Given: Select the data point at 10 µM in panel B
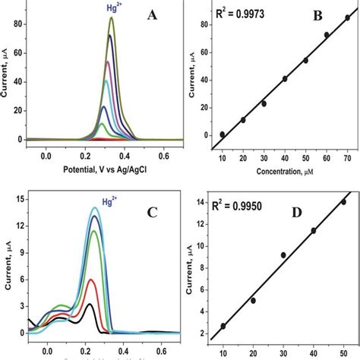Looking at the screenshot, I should point(223,134).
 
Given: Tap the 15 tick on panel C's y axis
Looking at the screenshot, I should point(16,201).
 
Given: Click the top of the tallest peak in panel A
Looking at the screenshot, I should point(112,19).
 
